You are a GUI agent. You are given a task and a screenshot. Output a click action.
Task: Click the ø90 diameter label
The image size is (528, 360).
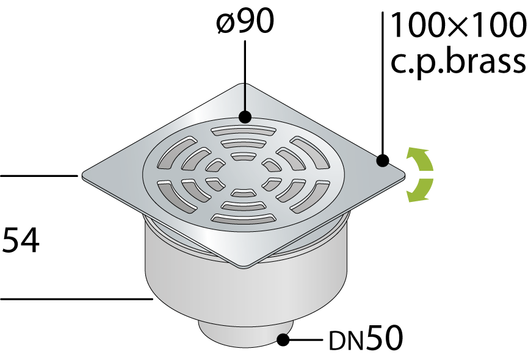pos(245,23)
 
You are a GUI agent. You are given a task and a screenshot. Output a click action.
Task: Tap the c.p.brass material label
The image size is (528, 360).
pos(457,61)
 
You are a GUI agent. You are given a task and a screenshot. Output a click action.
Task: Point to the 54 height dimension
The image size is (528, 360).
pos(21,240)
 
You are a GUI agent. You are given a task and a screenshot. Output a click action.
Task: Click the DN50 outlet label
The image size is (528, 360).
pos(366,339)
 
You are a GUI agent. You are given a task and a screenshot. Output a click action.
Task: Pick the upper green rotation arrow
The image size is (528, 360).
pos(421,160)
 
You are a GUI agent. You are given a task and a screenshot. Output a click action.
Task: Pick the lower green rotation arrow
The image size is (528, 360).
pos(421,189)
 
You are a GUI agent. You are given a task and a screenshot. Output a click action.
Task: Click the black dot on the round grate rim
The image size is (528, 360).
pos(245,117)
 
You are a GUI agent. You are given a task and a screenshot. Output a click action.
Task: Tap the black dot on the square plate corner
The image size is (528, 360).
pos(383,161)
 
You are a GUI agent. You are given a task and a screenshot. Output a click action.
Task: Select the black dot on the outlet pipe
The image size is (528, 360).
pos(284,339)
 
